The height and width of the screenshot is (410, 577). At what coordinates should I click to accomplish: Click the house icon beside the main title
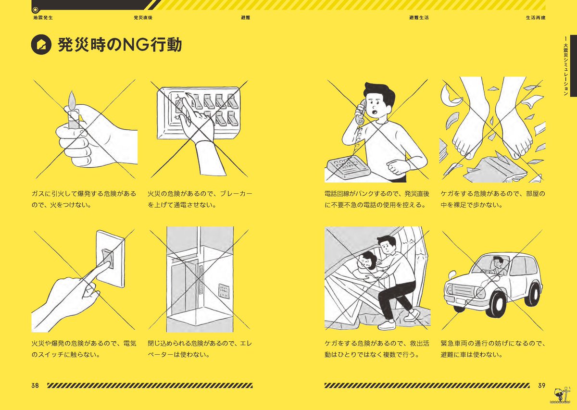pos(41,45)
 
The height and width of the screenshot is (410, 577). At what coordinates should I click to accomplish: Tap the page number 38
pos(35,385)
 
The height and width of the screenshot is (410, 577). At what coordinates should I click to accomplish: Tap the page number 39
pos(542,385)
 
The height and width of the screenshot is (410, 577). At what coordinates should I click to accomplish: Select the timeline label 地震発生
pos(43,18)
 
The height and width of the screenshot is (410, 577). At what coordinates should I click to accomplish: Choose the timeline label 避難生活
pos(419,18)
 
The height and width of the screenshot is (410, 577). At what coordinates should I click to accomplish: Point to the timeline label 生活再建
pos(536,18)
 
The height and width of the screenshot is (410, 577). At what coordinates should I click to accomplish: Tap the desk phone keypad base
pos(348,167)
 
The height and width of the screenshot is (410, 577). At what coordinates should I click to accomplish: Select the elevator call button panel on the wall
pos(224,291)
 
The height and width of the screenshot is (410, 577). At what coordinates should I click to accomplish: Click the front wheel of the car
pos(496,305)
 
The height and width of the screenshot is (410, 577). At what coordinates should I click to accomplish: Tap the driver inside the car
pos(498,266)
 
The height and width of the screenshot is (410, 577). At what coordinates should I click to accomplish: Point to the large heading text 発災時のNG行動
pos(120,45)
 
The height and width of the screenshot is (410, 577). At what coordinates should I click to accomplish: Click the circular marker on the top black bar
pos(35,10)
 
